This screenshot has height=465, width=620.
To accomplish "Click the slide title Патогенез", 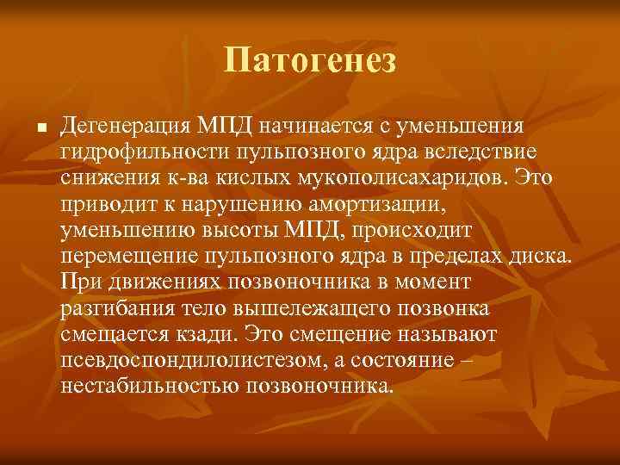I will tap(309, 60).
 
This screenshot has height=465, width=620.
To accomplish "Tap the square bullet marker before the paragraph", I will tap(28, 128).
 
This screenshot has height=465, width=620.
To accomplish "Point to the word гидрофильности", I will tap(141, 152).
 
